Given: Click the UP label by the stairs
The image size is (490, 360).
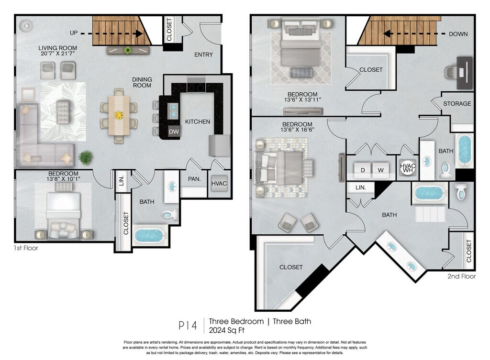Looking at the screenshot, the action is (74, 33).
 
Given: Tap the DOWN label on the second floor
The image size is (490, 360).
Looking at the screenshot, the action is (458, 34).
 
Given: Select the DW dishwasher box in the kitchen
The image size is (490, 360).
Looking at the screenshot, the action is (174, 131).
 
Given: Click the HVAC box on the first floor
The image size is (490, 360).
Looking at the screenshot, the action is (219, 184).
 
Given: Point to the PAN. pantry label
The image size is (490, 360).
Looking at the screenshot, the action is (194, 179).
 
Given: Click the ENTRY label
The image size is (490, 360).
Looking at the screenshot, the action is (203, 55).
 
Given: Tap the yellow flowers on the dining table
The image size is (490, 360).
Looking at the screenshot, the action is (119, 115).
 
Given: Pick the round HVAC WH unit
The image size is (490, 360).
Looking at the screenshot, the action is (408, 168).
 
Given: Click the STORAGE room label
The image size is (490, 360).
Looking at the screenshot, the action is (457, 104).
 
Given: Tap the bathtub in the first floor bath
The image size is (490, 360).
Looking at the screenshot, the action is (149, 235).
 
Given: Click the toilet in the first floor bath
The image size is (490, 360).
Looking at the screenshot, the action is (170, 214).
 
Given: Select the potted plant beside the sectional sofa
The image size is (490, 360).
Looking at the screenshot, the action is (85, 157).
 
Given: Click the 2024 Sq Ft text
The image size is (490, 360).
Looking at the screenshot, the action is (226, 330).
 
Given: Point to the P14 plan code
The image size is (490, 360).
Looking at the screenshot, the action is (188, 326).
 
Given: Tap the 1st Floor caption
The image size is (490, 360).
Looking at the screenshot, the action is (26, 248).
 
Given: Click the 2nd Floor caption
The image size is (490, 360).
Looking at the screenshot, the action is (462, 276).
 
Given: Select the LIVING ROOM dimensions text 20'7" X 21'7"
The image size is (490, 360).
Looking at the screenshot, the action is (57, 54).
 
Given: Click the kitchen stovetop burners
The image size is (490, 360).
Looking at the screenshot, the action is (196, 85).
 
